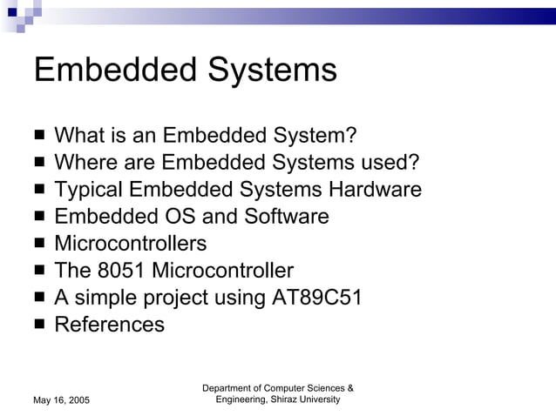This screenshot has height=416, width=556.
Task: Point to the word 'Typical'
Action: (87, 191)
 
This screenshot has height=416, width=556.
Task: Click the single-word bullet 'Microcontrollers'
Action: (131, 244)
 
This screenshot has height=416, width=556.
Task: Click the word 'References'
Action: (109, 325)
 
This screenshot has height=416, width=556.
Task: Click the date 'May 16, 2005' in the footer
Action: (61, 399)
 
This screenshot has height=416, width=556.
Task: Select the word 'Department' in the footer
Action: (228, 387)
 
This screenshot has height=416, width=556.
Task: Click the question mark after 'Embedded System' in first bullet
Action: (351, 136)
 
